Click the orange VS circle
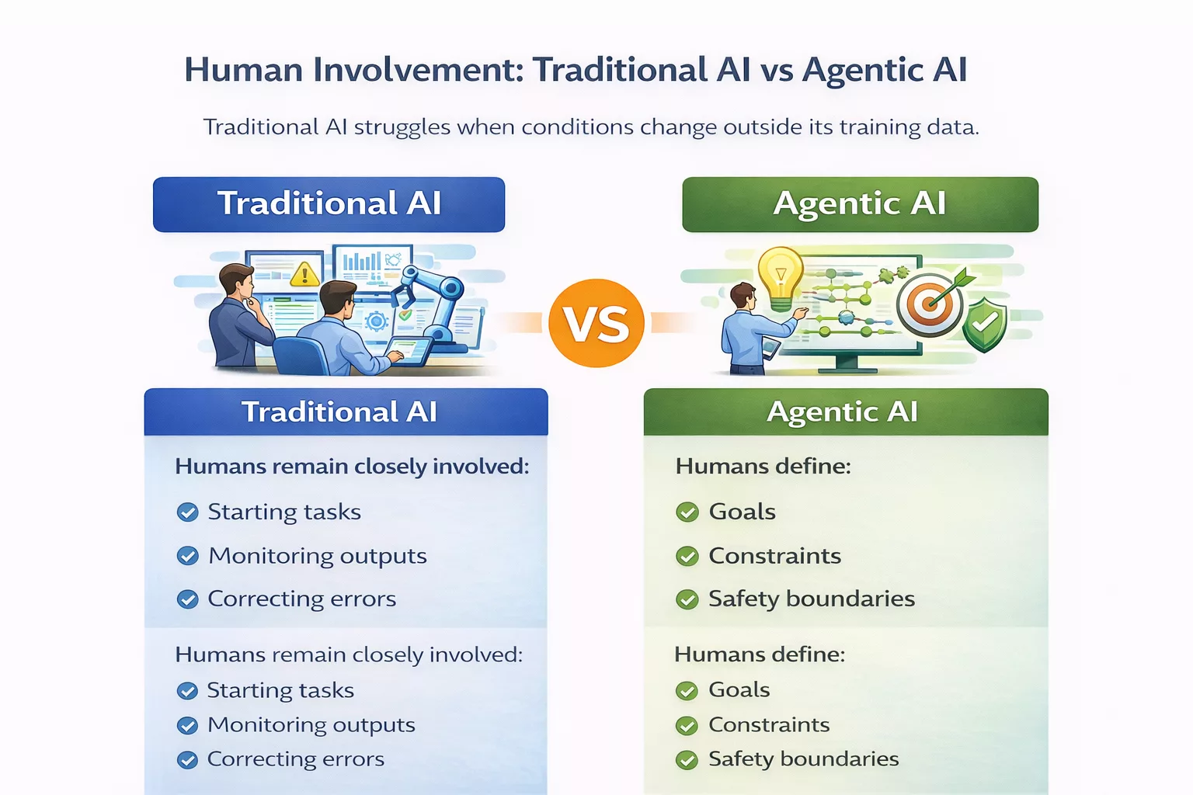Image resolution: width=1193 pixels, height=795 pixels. [596, 323]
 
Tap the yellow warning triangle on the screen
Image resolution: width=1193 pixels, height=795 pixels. [304, 273]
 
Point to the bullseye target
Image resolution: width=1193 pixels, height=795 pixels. [929, 304]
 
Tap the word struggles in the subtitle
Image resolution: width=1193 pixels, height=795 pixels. [402, 127]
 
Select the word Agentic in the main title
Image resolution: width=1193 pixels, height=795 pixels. [862, 70]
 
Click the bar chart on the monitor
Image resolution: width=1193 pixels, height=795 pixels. [361, 262]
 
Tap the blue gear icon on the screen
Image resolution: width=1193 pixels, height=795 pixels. [377, 320]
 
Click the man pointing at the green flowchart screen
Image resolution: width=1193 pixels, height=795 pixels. [749, 330]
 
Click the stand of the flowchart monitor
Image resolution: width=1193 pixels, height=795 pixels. [846, 363]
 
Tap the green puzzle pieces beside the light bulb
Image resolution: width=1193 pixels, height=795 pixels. [893, 273]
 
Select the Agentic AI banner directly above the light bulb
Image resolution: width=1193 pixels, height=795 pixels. [860, 204]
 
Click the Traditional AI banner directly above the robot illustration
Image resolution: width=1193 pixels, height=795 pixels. [329, 204]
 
